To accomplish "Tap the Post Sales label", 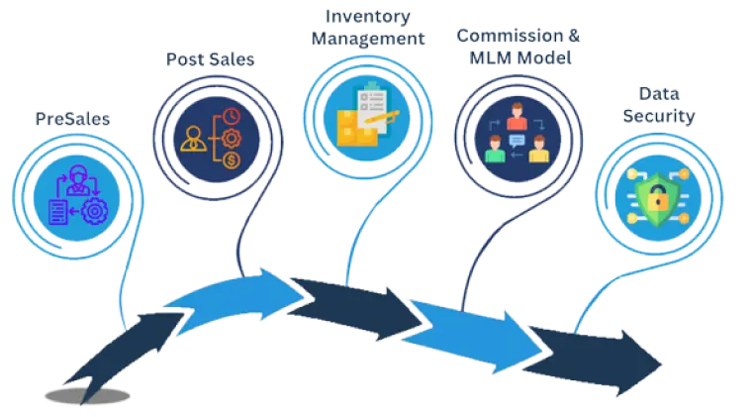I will click(209, 59).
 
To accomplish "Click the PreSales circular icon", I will click(73, 193).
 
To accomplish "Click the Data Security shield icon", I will click(653, 194).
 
